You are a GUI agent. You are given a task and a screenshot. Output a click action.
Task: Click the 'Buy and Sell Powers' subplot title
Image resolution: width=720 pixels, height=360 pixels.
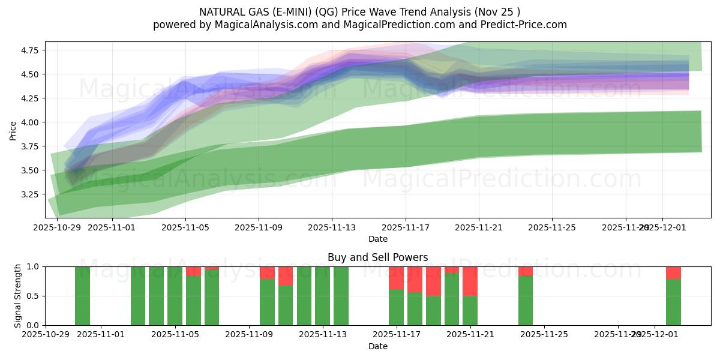coord(377,257)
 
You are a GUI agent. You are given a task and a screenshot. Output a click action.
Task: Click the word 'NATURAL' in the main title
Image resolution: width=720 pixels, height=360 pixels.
coord(221,11)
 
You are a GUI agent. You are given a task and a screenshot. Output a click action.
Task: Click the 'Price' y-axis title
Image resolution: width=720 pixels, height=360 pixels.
coord(13,130)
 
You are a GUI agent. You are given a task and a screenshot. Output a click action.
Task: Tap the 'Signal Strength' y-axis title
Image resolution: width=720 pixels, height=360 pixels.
coord(18,295)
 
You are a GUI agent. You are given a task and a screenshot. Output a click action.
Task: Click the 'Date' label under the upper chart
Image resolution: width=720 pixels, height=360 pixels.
coord(377,239)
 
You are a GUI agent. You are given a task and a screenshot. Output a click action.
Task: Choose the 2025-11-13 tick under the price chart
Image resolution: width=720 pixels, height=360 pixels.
coord(332,227)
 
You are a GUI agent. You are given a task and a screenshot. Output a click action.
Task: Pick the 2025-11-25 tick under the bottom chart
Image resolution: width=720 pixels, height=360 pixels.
coord(544,334)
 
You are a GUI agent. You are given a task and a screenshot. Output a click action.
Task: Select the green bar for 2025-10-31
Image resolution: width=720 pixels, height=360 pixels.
coord(82,296)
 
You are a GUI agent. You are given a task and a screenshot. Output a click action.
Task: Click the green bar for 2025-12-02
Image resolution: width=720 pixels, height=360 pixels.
coord(673,302)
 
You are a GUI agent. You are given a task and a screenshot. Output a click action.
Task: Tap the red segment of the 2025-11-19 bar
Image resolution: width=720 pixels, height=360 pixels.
coord(433,281)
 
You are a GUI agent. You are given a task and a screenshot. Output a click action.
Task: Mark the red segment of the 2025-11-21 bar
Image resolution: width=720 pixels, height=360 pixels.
coord(470,281)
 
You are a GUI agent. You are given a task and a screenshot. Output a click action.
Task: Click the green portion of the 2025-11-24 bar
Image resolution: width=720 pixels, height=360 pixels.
coord(526,300)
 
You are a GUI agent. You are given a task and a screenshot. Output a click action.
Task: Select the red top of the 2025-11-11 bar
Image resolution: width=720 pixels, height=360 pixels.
coord(286,275)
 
